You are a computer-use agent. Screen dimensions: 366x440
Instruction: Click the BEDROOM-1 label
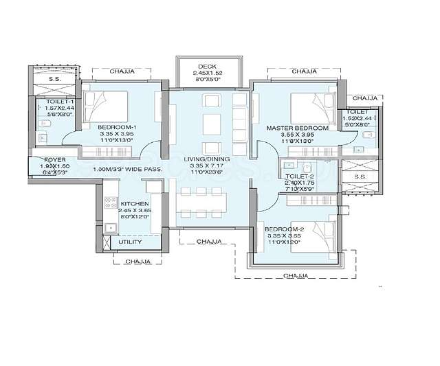pyautogui.click(x=117, y=128)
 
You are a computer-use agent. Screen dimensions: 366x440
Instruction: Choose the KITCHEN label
pyautogui.click(x=135, y=205)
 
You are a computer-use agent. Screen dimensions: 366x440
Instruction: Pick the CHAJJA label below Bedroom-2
pyautogui.click(x=296, y=275)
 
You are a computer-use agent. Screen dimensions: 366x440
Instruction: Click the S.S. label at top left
pyautogui.click(x=54, y=80)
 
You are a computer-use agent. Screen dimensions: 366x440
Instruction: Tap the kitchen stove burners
pyautogui.click(x=109, y=203)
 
